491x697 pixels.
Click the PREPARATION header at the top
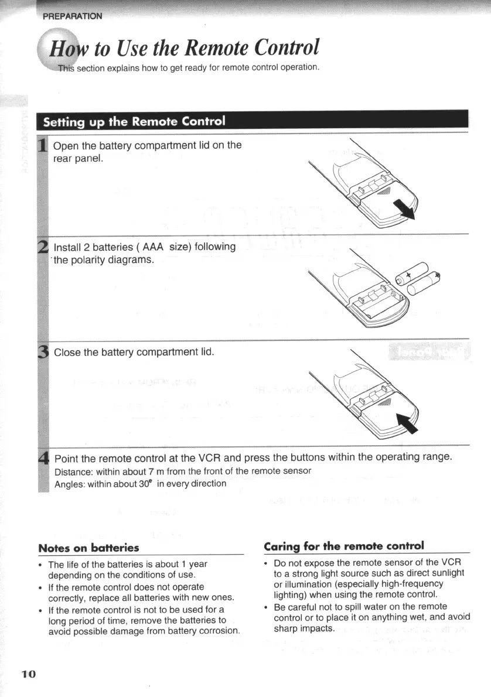point(72,16)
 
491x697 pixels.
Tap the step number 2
point(42,247)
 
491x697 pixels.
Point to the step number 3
point(42,352)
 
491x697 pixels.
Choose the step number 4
point(42,457)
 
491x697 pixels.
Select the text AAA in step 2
point(149,247)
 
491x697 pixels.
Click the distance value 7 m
point(145,471)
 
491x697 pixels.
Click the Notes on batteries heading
point(88,548)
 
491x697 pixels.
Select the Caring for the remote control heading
point(343,546)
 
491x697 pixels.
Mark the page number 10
point(29,674)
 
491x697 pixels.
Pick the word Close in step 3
point(67,352)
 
